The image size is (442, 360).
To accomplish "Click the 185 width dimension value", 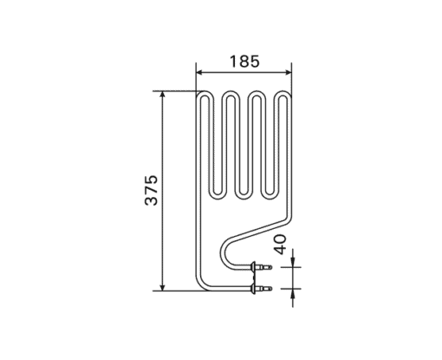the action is (x=244, y=62).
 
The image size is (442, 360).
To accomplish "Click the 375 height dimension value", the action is (x=152, y=190).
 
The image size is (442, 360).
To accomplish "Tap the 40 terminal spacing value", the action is (x=280, y=245).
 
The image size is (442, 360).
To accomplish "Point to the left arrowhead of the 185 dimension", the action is (x=200, y=72).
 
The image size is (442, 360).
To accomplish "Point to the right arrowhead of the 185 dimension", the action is (x=288, y=72).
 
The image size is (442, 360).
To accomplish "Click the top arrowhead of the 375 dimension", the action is (x=163, y=95).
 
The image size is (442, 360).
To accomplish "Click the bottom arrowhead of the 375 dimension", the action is (x=163, y=286).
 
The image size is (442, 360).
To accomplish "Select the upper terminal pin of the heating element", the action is (x=265, y=267).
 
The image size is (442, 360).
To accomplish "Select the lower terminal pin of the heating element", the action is (x=265, y=288).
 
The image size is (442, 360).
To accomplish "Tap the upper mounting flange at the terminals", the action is (x=254, y=267).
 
